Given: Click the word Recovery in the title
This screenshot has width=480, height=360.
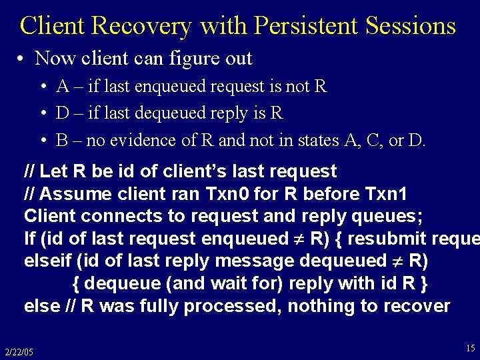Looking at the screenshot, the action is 142,26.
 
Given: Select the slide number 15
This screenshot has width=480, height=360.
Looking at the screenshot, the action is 471,347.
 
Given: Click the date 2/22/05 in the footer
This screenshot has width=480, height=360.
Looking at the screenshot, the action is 19,351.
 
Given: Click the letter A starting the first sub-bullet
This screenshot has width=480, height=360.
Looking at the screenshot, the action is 63,87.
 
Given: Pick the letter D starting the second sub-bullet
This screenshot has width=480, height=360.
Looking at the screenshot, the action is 63,113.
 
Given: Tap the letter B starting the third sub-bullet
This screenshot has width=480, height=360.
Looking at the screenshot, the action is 63,141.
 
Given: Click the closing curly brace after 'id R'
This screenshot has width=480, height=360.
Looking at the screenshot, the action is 423,283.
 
